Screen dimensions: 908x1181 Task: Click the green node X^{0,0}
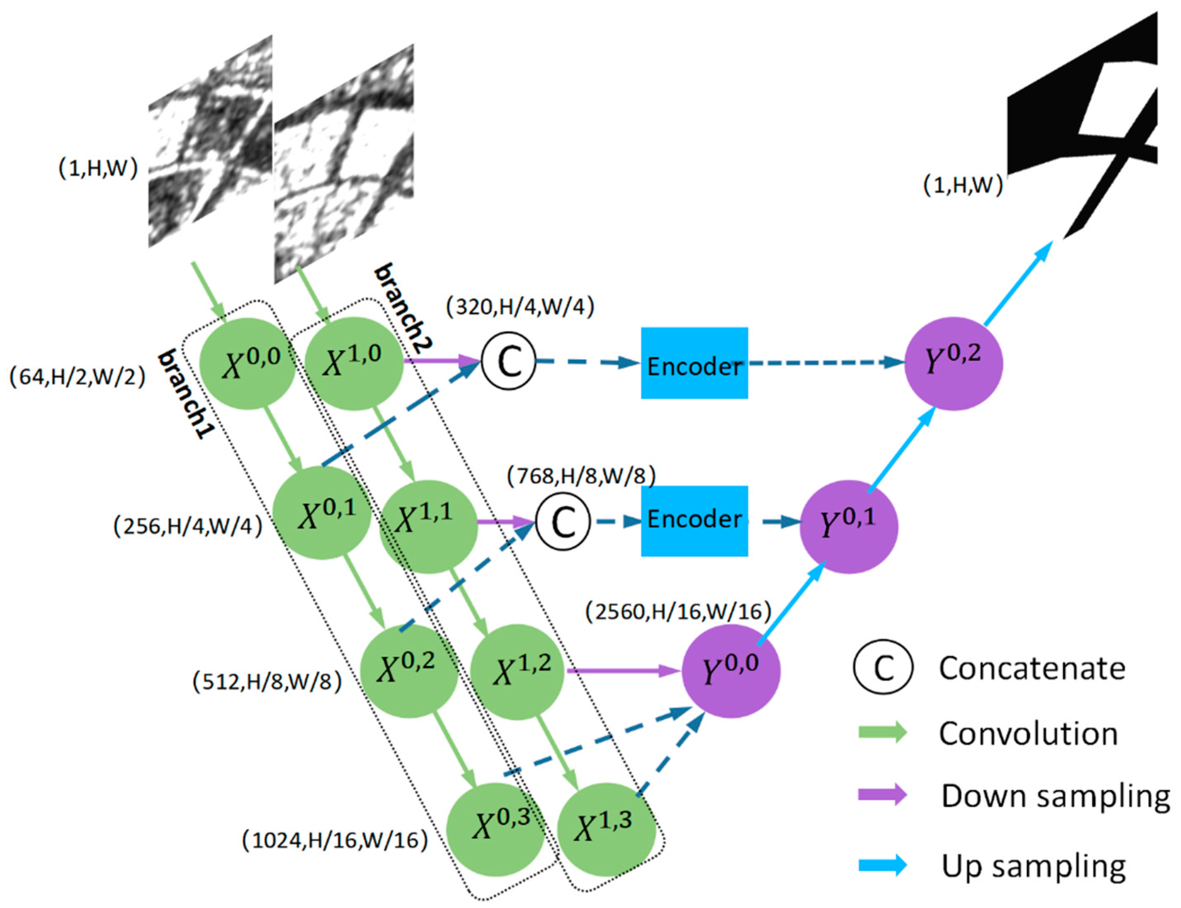[x=247, y=364]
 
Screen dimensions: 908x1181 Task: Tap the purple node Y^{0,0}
[x=730, y=671]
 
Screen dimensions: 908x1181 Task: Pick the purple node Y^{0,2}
[x=953, y=363]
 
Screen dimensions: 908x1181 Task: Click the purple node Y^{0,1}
[x=848, y=526]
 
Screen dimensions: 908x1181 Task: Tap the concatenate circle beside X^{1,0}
[x=508, y=361]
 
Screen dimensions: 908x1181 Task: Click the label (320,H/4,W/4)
[x=520, y=307]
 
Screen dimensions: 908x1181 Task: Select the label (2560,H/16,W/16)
[x=677, y=611]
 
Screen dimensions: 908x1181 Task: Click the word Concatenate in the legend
[x=1032, y=669]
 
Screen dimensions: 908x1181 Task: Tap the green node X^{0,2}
[x=409, y=671]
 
